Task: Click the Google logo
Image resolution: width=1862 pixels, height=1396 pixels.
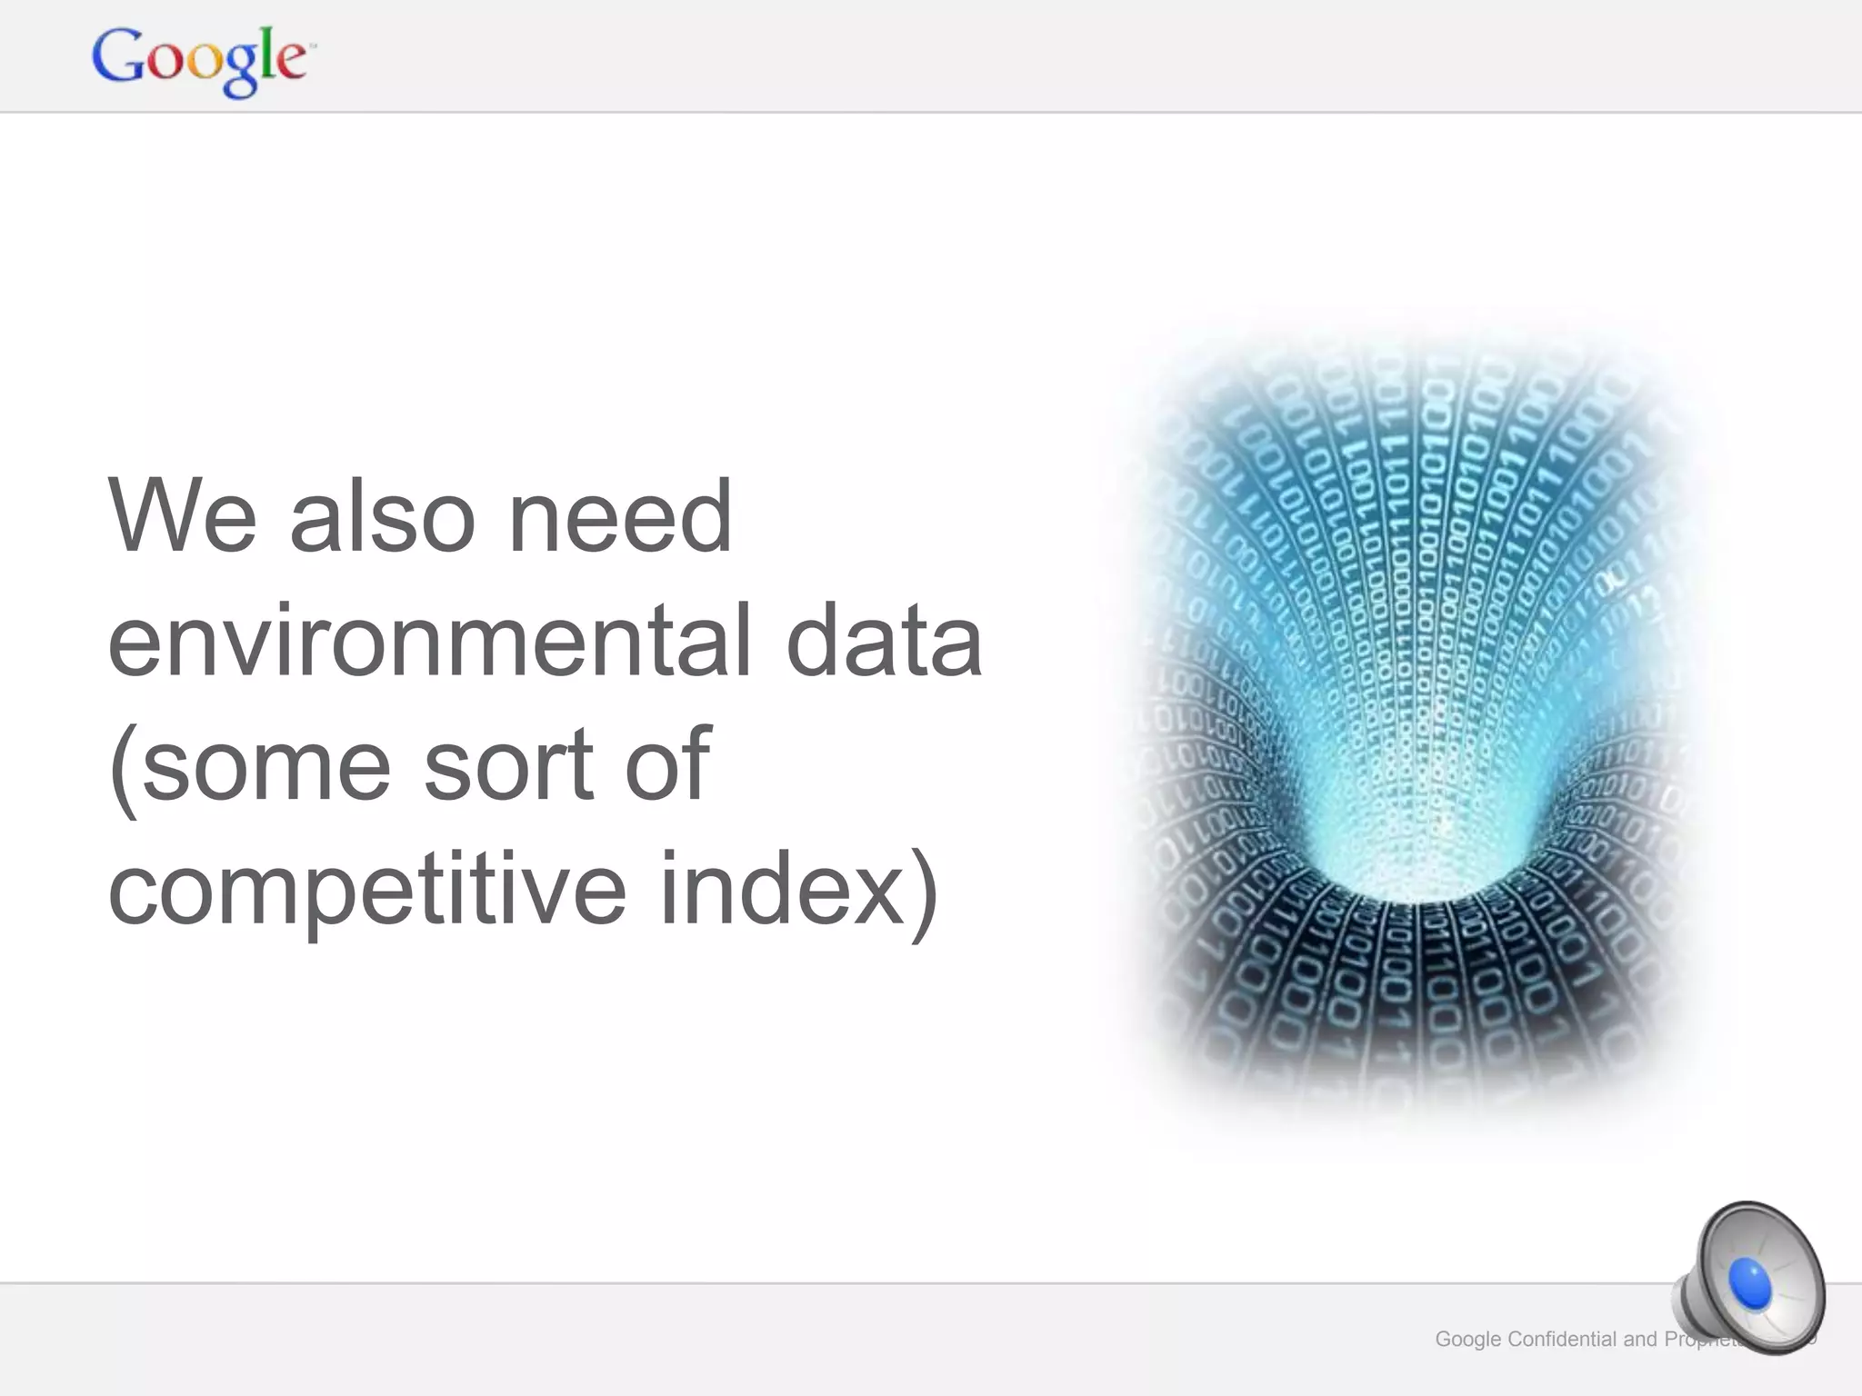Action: coord(201,60)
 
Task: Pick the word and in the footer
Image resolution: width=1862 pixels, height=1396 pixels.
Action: coord(1640,1339)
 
